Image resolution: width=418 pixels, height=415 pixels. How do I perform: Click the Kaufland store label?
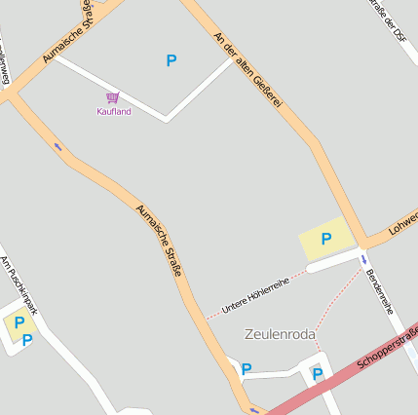113,111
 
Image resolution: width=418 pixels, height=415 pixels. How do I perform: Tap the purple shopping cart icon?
113,97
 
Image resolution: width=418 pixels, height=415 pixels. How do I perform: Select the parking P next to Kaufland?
171,60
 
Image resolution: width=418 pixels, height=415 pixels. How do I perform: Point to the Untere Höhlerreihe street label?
255,293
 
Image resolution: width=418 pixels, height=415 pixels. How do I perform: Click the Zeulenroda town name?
281,334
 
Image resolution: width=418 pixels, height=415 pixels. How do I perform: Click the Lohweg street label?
402,221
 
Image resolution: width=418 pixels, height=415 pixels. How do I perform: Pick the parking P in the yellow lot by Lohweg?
326,239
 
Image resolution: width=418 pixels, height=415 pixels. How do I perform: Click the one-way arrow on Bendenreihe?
364,259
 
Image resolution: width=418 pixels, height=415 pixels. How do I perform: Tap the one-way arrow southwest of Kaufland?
57,147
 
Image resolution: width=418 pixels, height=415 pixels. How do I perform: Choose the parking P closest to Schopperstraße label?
317,373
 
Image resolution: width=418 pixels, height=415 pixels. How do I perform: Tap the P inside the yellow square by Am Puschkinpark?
19,322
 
